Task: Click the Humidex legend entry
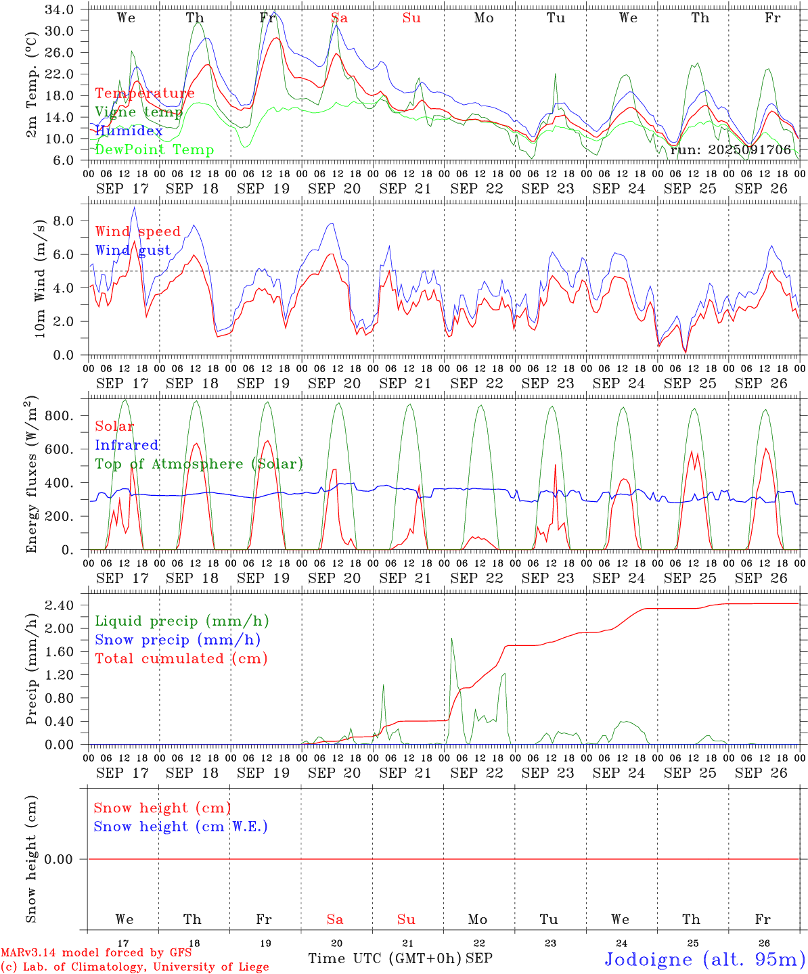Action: point(129,131)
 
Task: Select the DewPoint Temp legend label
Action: point(154,150)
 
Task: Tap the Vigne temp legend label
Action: point(139,112)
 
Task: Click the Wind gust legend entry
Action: point(133,250)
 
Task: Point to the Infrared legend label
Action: point(127,445)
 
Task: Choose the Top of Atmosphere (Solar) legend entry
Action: point(199,464)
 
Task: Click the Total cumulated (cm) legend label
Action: point(181,658)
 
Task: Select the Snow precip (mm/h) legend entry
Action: point(177,640)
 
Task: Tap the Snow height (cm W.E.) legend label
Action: point(181,827)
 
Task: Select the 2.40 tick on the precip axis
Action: point(60,605)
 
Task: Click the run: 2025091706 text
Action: point(730,150)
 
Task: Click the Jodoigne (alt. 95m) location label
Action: point(704,959)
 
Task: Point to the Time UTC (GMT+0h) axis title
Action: point(384,958)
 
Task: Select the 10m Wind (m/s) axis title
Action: point(39,279)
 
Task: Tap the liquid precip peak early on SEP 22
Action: point(451,638)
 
